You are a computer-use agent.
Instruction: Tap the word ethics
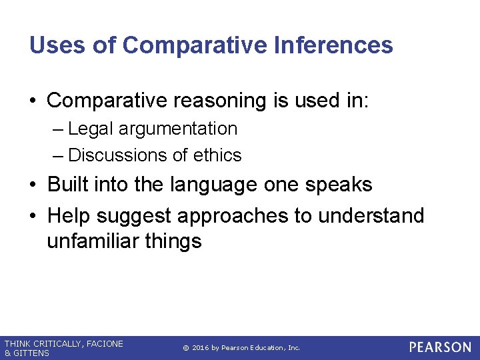tap(217, 155)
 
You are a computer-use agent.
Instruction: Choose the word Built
tap(69, 184)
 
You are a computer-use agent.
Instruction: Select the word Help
tap(69, 215)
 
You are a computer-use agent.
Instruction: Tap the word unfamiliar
tap(93, 241)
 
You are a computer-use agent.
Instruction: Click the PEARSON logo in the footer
tap(440, 347)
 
